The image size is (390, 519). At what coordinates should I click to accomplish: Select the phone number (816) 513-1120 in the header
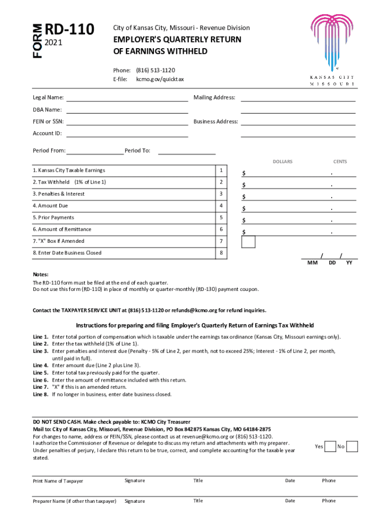[x=155, y=70]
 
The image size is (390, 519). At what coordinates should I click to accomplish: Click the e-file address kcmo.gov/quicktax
[x=160, y=80]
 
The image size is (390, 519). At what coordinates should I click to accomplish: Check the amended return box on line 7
[x=248, y=242]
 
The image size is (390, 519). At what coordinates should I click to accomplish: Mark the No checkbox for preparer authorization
[x=353, y=447]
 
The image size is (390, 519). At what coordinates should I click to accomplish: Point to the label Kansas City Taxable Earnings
[x=69, y=170]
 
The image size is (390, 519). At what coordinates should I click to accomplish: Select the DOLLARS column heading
[x=283, y=162]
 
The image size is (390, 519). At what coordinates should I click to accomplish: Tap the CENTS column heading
[x=340, y=162]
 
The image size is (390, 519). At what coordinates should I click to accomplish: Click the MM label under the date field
[x=312, y=263]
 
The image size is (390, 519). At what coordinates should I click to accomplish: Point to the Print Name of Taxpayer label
[x=58, y=481]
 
